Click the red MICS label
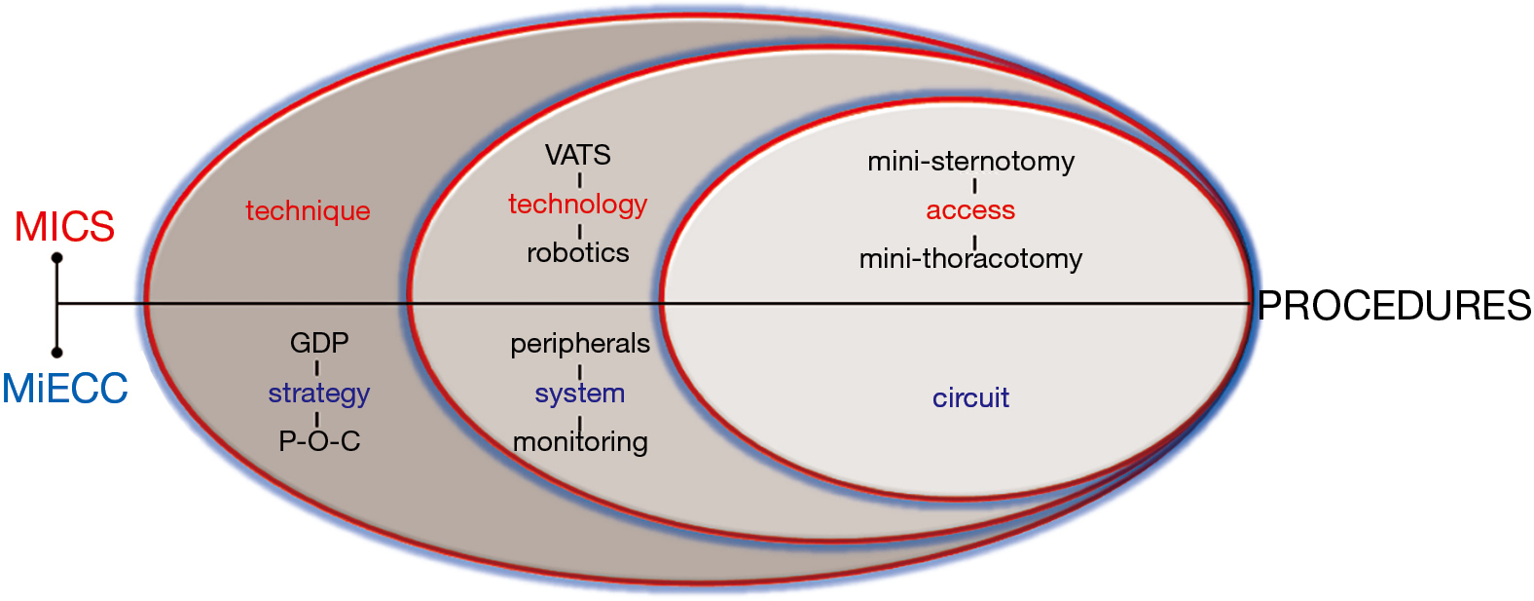(64, 227)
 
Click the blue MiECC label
(65, 388)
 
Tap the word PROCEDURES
(1394, 306)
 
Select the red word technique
(309, 211)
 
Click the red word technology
(578, 205)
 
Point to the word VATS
(578, 155)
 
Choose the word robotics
(578, 253)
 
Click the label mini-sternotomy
(971, 163)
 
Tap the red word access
(970, 210)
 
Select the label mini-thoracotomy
(971, 259)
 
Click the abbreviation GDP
(319, 343)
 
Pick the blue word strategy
(319, 394)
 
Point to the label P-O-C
(319, 441)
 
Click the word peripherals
(580, 344)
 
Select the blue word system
(580, 394)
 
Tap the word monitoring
(580, 442)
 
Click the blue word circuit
(971, 398)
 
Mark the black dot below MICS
(57, 258)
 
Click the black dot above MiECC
(57, 353)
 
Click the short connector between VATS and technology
(580, 180)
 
